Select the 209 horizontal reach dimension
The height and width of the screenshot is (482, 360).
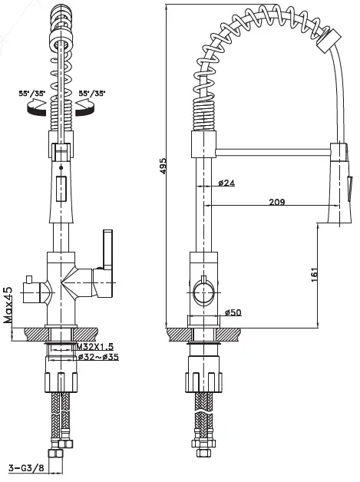(277, 202)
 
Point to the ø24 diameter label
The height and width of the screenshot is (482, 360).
(226, 183)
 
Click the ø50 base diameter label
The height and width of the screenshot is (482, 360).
(233, 312)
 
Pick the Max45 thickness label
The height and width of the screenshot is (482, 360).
(8, 305)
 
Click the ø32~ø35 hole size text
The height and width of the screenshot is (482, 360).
(98, 357)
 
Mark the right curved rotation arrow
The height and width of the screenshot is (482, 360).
(89, 111)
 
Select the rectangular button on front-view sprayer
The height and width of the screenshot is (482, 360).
(61, 187)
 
